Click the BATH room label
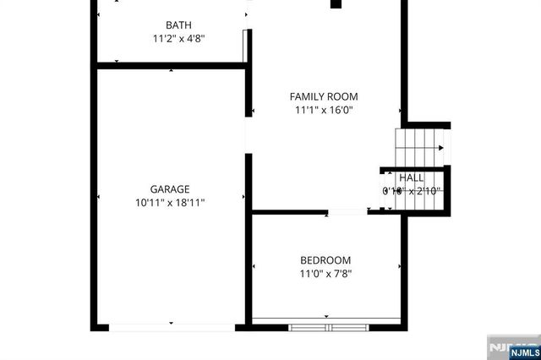pyautogui.click(x=178, y=25)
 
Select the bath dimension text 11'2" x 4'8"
pyautogui.click(x=178, y=39)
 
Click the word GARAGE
pyautogui.click(x=170, y=189)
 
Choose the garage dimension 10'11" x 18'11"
pyautogui.click(x=170, y=203)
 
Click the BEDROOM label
pyautogui.click(x=325, y=260)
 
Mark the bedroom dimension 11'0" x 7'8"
pyautogui.click(x=325, y=274)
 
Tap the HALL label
pyautogui.click(x=412, y=177)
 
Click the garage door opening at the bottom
pyautogui.click(x=172, y=326)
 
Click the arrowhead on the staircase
pyautogui.click(x=442, y=148)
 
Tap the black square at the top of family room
pyautogui.click(x=336, y=4)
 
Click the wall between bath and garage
pyautogui.click(x=169, y=63)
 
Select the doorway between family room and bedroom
pyautogui.click(x=347, y=211)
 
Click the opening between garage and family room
pyautogui.click(x=247, y=135)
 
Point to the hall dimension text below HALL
pyautogui.click(x=412, y=191)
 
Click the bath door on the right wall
pyautogui.click(x=247, y=44)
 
